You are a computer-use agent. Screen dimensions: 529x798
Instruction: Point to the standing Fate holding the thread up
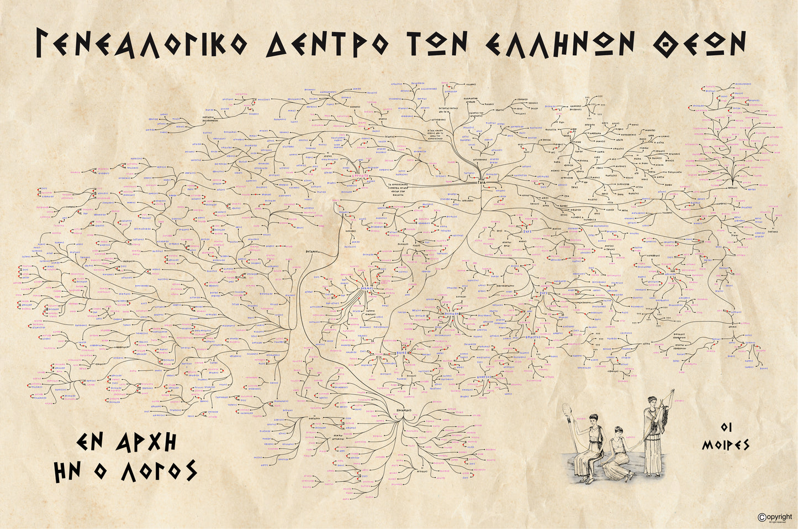click(655, 437)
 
